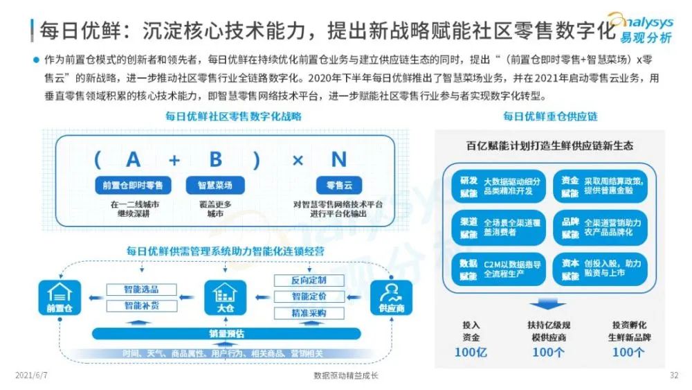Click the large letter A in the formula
(x=133, y=160)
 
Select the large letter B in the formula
(x=216, y=160)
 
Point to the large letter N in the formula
(x=338, y=160)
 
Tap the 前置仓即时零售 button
(x=133, y=185)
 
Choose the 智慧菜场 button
(x=215, y=185)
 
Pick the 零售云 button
(x=339, y=185)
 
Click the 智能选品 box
(x=141, y=288)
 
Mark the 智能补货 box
(x=141, y=305)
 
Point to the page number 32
(x=674, y=375)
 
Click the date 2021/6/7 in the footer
(x=29, y=375)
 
